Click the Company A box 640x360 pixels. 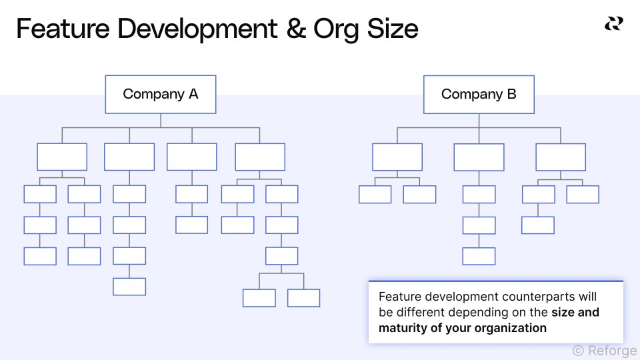pos(161,94)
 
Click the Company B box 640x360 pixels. pos(479,94)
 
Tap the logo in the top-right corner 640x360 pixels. pos(613,24)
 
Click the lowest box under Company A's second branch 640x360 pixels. pos(129,287)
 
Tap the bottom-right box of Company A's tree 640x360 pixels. pos(303,298)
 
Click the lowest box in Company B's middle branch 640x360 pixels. pos(479,256)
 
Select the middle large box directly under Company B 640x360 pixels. pos(479,157)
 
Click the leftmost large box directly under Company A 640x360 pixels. pos(62,157)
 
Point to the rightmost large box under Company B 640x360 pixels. pos(561,157)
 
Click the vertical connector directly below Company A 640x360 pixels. pos(161,119)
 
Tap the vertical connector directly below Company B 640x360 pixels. pos(479,119)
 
